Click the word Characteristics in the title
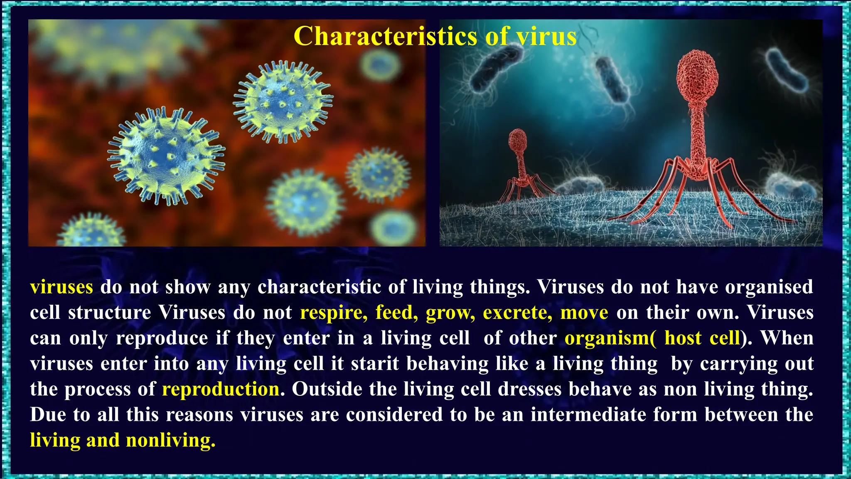click(x=385, y=36)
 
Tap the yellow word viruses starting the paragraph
click(x=61, y=287)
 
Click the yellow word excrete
click(x=517, y=313)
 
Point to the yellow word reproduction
click(x=221, y=390)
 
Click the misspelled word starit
click(x=375, y=364)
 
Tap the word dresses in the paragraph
click(x=529, y=390)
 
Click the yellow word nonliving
click(x=170, y=441)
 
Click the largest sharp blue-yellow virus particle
click(x=166, y=156)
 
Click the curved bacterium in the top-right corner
click(x=785, y=71)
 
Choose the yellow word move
click(x=584, y=313)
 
